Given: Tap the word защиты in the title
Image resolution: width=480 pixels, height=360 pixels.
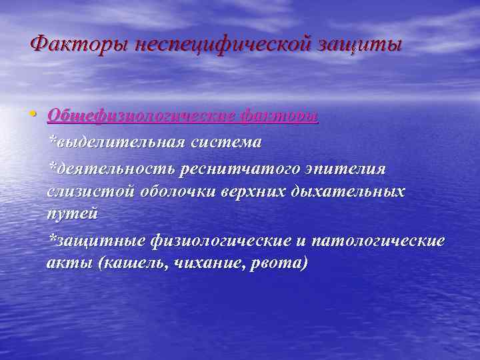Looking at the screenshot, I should coord(363,46).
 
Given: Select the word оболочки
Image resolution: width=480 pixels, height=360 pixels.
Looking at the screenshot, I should coord(174,191).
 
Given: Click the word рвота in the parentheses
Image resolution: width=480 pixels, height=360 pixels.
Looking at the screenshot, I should coord(281,263).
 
